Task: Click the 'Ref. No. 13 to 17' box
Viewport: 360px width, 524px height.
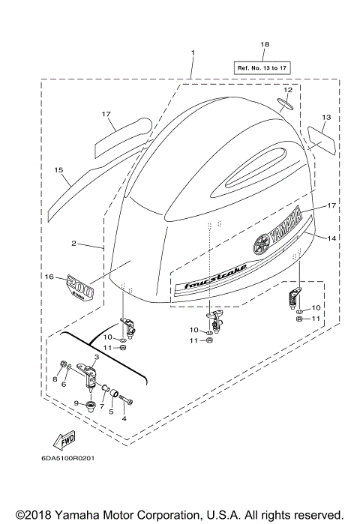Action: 262,67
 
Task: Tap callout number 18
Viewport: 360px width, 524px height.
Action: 264,45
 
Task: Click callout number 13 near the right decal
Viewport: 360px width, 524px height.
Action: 326,118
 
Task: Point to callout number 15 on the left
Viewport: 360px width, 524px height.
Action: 58,170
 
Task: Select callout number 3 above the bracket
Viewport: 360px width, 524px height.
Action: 96,358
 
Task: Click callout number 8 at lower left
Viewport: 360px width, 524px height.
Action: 54,380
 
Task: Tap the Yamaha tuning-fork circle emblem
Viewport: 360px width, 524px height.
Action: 261,245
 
